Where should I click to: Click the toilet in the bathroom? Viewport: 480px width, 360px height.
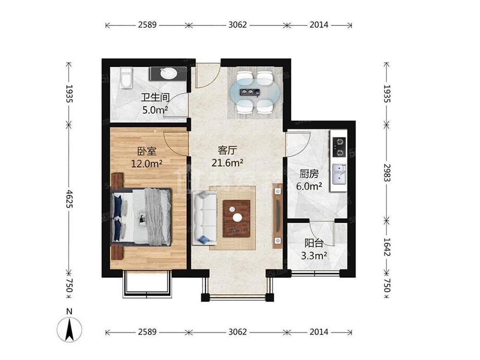(x=126, y=78)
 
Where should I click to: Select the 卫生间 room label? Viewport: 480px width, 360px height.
(x=155, y=97)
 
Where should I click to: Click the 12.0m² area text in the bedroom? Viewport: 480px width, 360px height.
(x=146, y=164)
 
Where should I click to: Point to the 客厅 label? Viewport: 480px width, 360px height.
(x=228, y=150)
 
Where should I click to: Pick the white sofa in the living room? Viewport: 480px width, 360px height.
(x=204, y=217)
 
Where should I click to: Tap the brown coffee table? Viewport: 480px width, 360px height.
(x=237, y=218)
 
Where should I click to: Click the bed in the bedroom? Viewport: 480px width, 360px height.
(x=141, y=216)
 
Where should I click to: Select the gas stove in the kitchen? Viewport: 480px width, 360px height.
(x=339, y=147)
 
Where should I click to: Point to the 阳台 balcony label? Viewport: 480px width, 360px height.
(x=314, y=243)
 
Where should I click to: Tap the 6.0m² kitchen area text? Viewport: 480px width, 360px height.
(x=309, y=186)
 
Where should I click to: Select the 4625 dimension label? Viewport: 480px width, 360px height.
(x=69, y=199)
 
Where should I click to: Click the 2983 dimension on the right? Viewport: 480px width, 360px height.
(x=387, y=173)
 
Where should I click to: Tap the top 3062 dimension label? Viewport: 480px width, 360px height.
(x=238, y=25)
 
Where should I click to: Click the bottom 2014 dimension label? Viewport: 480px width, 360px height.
(x=319, y=332)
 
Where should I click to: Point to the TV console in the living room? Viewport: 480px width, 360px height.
(x=277, y=216)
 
